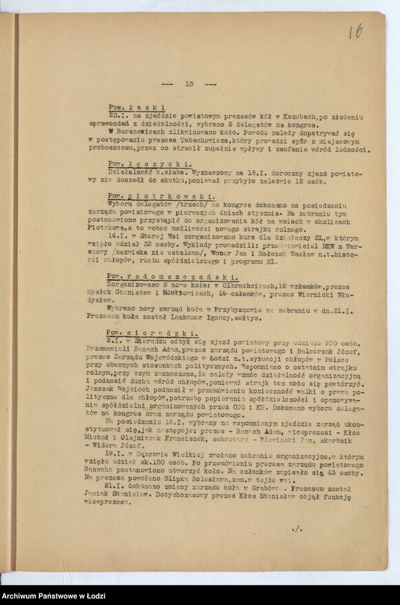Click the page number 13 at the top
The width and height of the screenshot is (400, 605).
coord(189,84)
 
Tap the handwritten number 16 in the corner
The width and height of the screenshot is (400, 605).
coord(355,31)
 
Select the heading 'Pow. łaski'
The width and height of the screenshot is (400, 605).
coord(137,107)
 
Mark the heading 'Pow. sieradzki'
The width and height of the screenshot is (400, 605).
coord(151,333)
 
